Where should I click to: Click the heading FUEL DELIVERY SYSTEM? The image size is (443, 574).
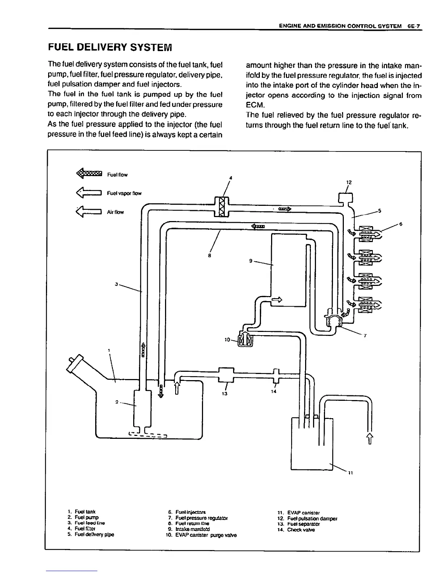pyautogui.click(x=110, y=47)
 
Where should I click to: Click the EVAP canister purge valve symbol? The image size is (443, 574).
pyautogui.click(x=245, y=340)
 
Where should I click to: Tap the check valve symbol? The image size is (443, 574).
pyautogui.click(x=276, y=376)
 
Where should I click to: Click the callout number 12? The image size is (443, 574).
pyautogui.click(x=348, y=182)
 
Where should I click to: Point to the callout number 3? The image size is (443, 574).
pyautogui.click(x=117, y=284)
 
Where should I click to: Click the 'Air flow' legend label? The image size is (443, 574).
pyautogui.click(x=115, y=212)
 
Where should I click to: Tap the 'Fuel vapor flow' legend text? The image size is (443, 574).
pyautogui.click(x=124, y=193)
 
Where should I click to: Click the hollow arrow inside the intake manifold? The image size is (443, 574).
pyautogui.click(x=277, y=299)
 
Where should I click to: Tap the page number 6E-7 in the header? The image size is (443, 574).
pyautogui.click(x=415, y=26)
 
